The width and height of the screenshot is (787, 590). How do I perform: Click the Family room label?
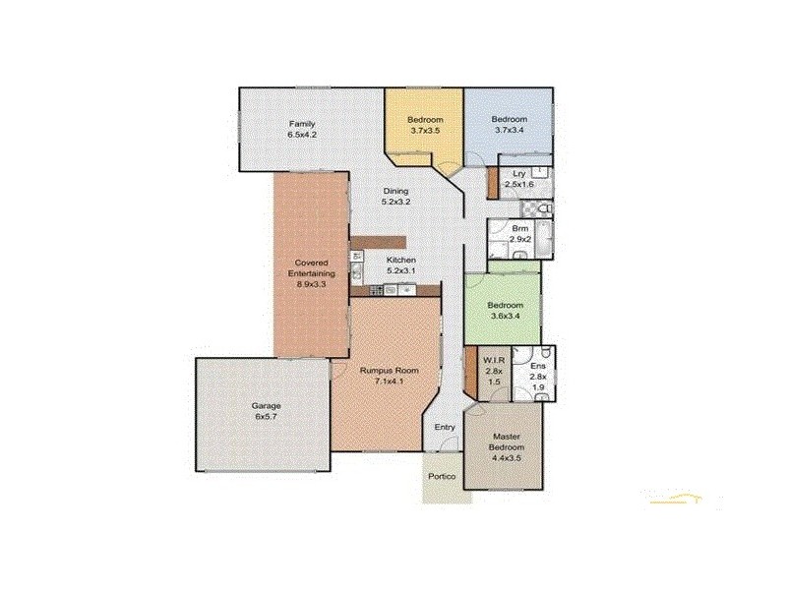coord(301,124)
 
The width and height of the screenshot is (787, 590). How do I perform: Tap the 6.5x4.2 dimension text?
coord(301,137)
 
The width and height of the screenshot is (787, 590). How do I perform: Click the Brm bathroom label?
coord(520,228)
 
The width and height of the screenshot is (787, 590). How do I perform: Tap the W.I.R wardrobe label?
coord(494,360)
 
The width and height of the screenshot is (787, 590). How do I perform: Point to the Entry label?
coord(446,426)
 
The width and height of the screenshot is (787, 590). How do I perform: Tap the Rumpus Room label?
coord(389,370)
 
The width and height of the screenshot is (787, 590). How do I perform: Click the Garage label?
coord(266,406)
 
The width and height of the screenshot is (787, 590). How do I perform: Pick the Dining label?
coord(395,191)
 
